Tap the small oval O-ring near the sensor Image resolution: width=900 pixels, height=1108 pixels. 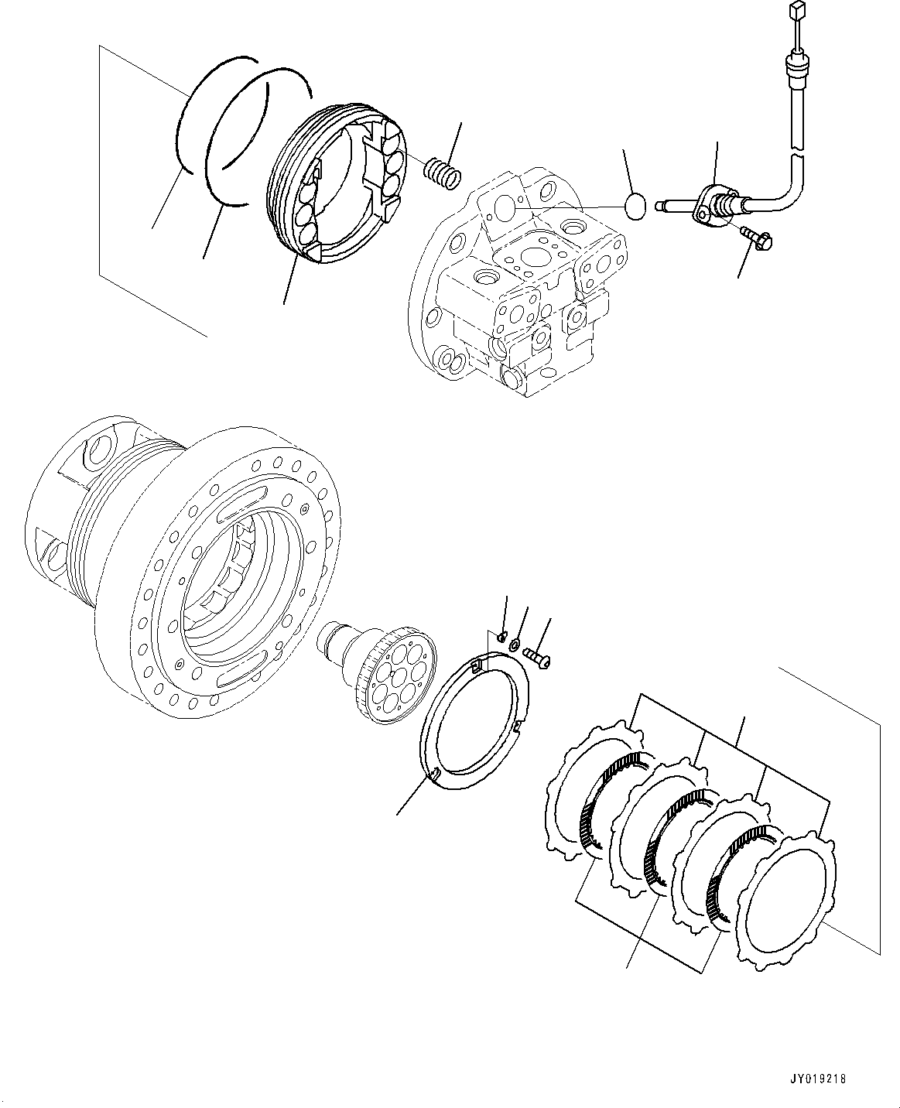(x=635, y=207)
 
